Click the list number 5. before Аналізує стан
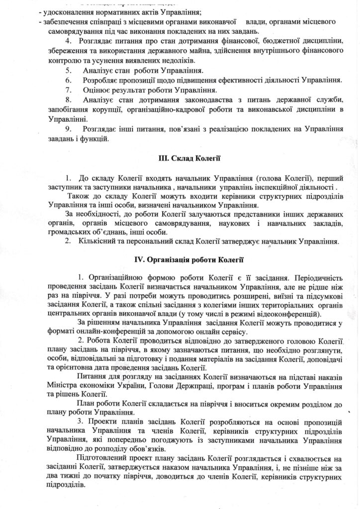click(69, 71)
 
